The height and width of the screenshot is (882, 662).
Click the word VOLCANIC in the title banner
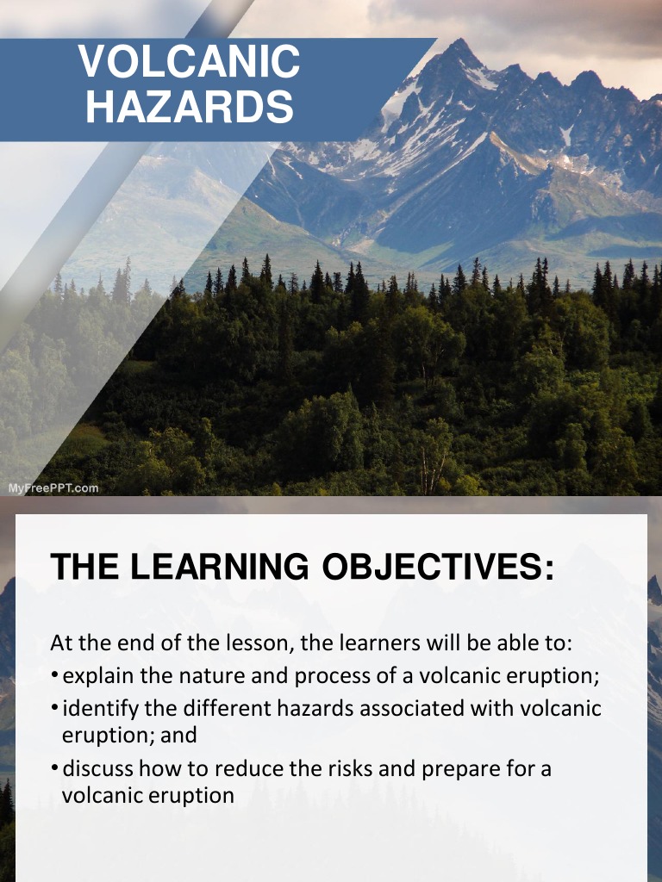[190, 62]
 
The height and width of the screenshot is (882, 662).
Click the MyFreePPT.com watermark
[53, 488]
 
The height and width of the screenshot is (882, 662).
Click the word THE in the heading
[84, 567]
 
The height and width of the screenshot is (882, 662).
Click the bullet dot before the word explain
[54, 676]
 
